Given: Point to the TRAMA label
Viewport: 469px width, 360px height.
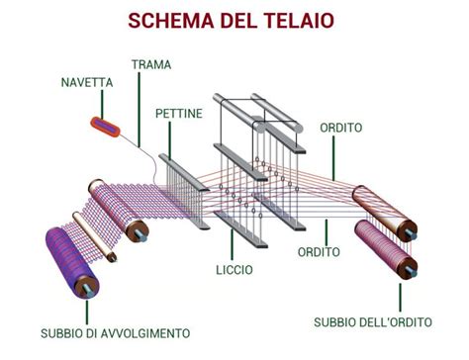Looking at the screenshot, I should click(151, 64).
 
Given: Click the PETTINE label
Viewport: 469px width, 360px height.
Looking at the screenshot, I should click(179, 114).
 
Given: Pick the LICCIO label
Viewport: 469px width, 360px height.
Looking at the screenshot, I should click(234, 269).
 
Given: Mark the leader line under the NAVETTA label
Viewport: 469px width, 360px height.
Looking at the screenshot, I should click(99, 104).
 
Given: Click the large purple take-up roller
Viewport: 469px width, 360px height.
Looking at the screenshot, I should click(68, 260).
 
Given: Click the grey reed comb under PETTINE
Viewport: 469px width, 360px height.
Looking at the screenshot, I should click(184, 188).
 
